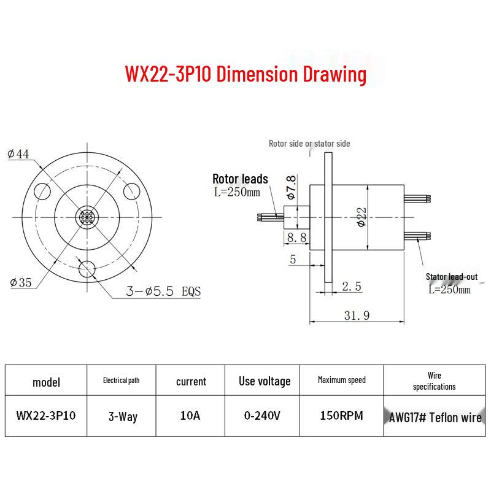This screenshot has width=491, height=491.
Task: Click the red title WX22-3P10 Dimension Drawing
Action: click(x=245, y=74)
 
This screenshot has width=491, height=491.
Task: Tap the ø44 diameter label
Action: click(x=18, y=154)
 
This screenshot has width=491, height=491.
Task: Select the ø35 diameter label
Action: click(x=21, y=282)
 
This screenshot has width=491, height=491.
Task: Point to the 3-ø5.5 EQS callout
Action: click(x=163, y=291)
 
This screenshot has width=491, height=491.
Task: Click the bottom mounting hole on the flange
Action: click(x=87, y=269)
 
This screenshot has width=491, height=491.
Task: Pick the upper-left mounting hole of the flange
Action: click(x=42, y=191)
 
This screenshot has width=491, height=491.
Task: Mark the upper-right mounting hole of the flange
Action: click(x=131, y=191)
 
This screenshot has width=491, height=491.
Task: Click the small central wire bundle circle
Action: click(x=87, y=217)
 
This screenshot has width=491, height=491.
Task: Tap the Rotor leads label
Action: click(x=240, y=179)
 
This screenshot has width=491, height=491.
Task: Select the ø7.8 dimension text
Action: click(x=291, y=187)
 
